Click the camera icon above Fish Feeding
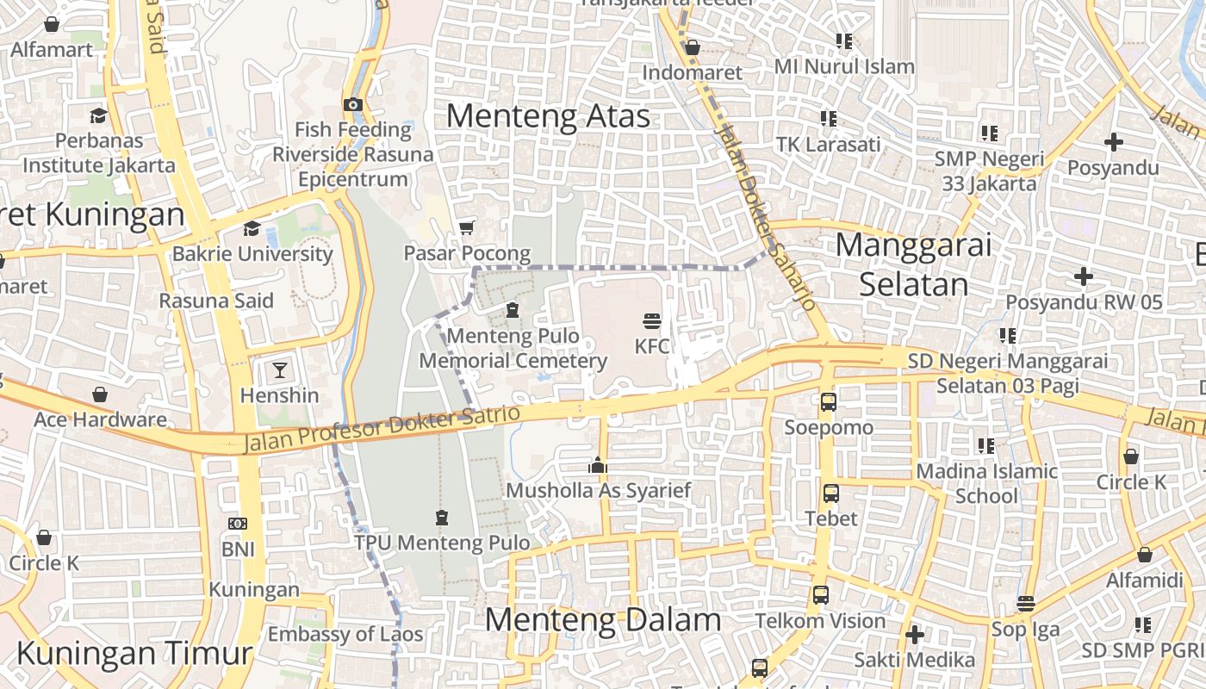[x=352, y=105]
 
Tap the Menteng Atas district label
[x=548, y=116]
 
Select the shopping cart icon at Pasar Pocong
[x=467, y=227]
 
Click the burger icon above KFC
[x=652, y=321]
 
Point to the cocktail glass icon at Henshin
[x=279, y=370]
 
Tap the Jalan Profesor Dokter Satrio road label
[x=383, y=429]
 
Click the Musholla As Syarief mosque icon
[x=598, y=466]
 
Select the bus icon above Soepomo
[x=829, y=401]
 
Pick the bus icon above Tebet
[x=830, y=493]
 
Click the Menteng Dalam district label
[x=602, y=619]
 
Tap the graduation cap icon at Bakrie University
[x=252, y=228]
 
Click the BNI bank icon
[x=238, y=524]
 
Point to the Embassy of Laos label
[x=345, y=635]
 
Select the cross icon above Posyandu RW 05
[x=1084, y=276]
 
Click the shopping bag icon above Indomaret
[x=692, y=47]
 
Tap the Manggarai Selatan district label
[x=913, y=264]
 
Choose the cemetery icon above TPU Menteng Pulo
[x=442, y=518]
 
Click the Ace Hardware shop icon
[x=100, y=394]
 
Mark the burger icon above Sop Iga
[x=1025, y=603]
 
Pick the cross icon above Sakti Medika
[x=915, y=635]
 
